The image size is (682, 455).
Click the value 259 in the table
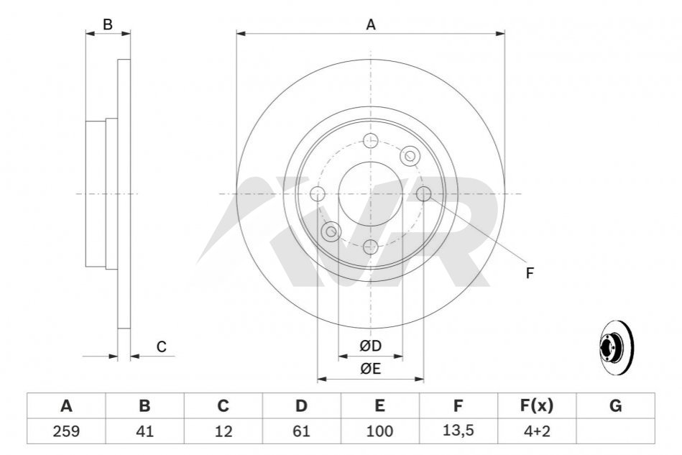click(66, 431)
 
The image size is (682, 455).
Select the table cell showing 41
click(145, 431)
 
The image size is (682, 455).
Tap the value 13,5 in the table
click(458, 431)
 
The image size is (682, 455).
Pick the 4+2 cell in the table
click(537, 431)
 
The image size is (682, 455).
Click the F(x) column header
click(537, 406)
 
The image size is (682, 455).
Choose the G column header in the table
click(615, 406)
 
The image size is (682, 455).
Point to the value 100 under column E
click(379, 431)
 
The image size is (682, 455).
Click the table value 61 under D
click(301, 431)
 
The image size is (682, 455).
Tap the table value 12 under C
click(223, 431)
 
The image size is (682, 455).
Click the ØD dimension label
click(371, 346)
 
